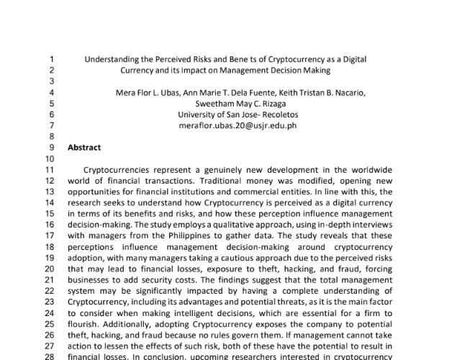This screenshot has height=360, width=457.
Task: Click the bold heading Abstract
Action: (x=83, y=147)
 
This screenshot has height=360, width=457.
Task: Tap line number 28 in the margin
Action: (x=50, y=355)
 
